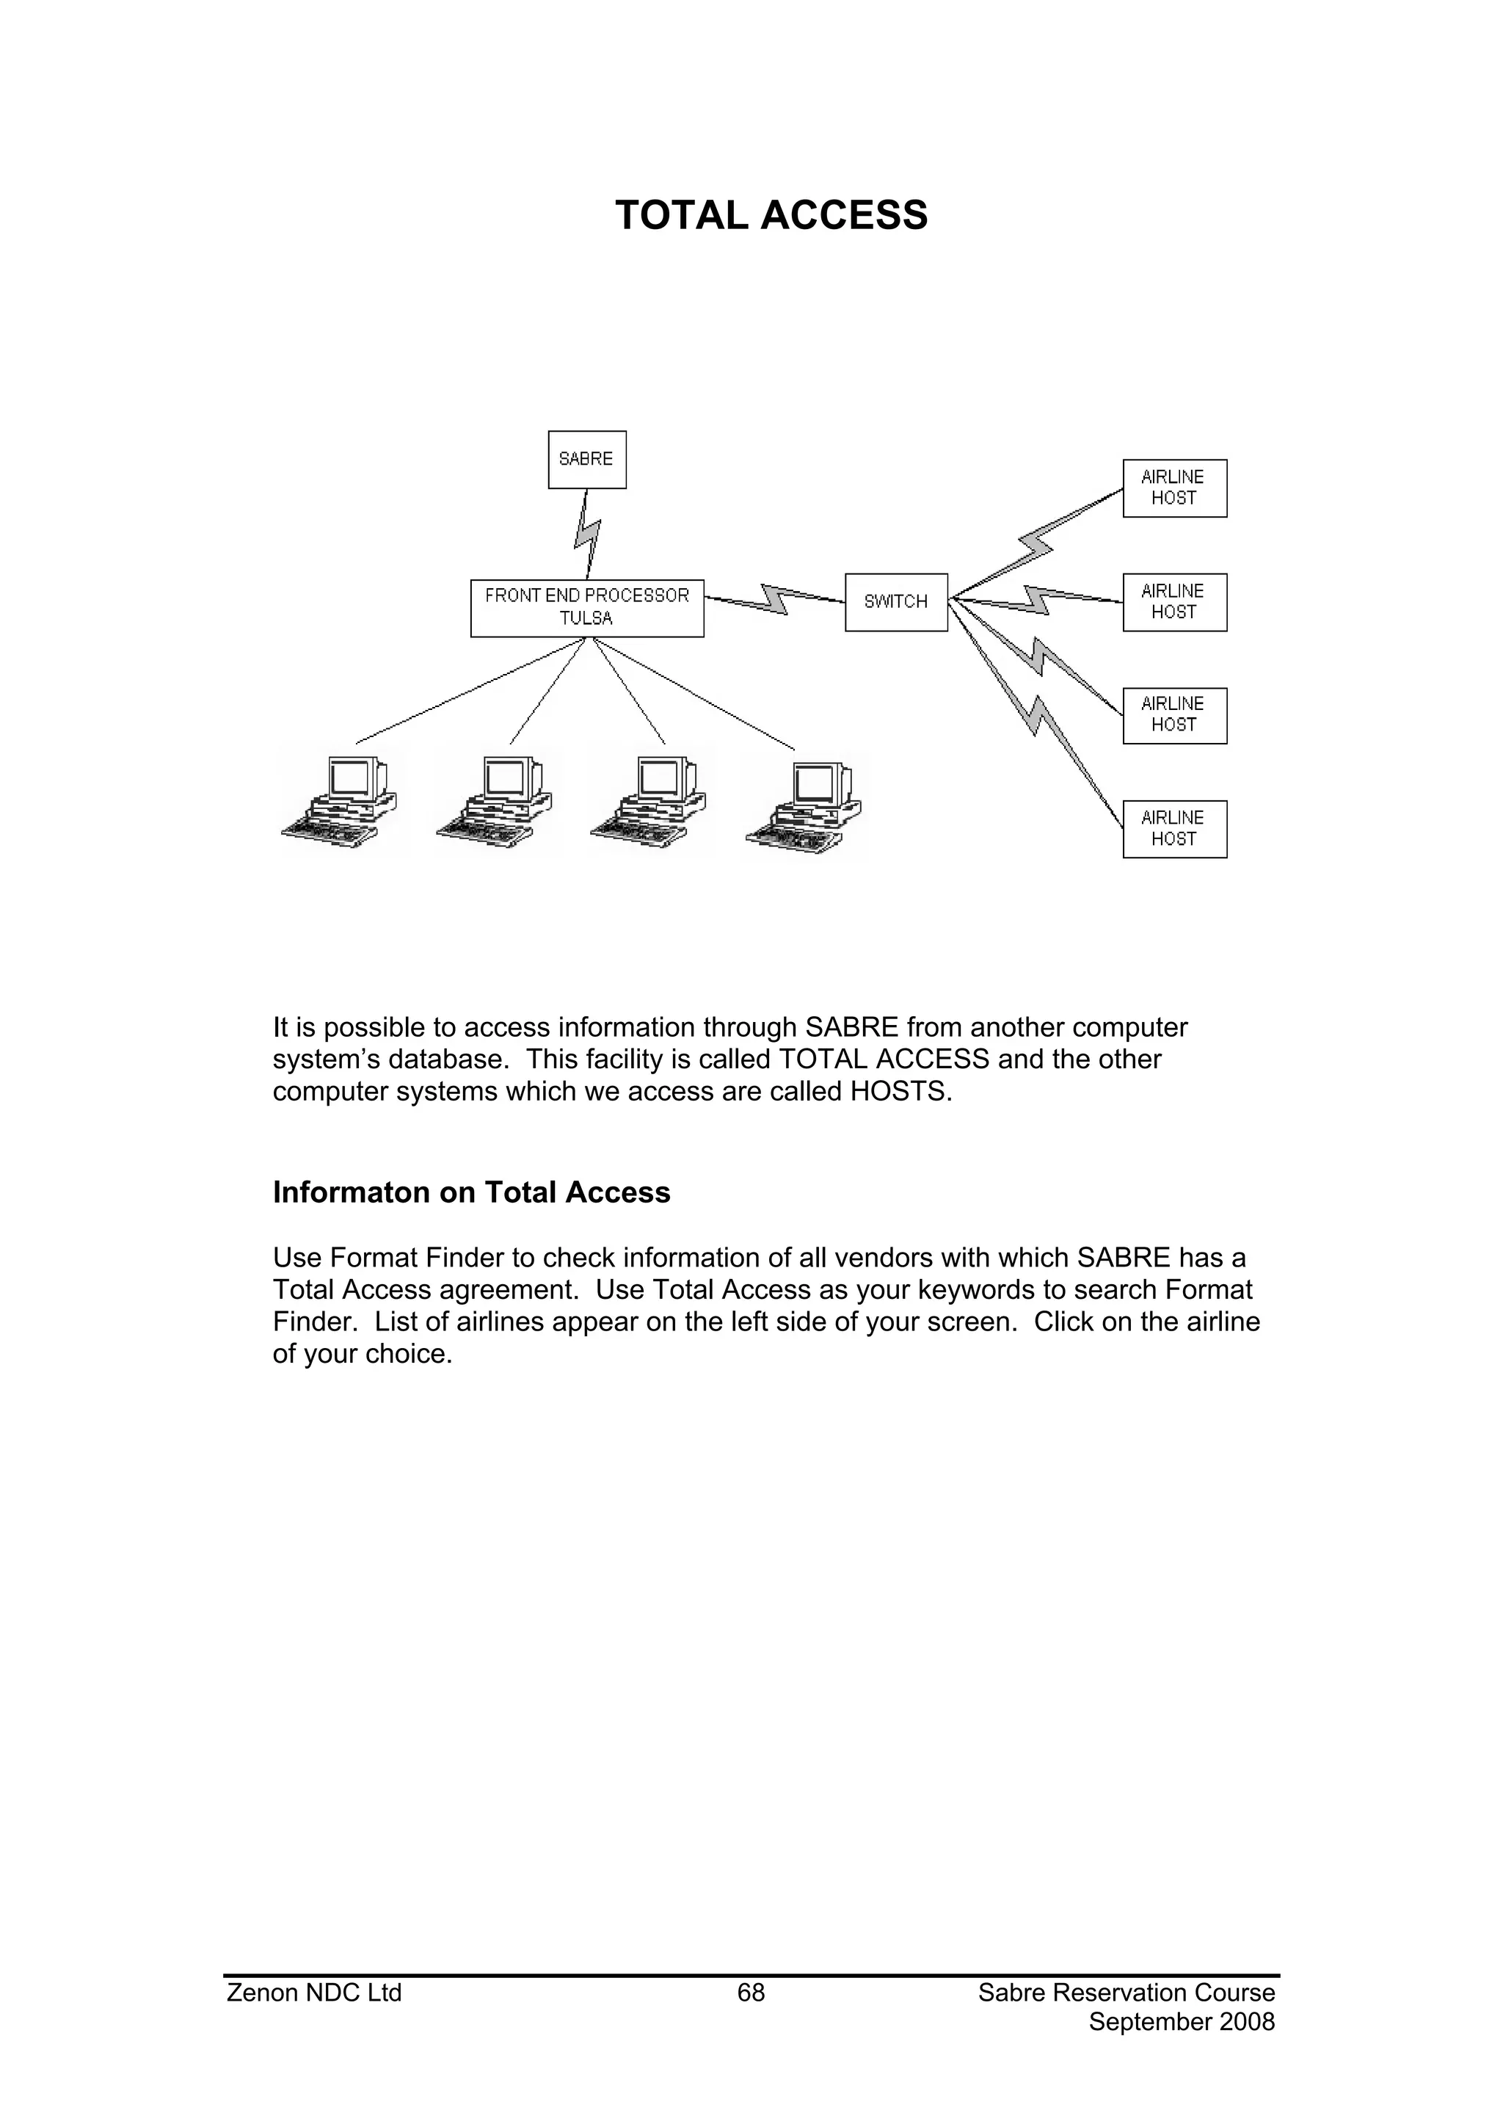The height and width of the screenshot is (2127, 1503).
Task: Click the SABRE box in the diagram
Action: point(587,460)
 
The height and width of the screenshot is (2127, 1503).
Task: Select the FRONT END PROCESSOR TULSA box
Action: point(587,608)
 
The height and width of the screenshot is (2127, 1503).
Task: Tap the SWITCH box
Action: point(896,602)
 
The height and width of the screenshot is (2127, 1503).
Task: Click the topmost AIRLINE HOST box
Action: point(1174,488)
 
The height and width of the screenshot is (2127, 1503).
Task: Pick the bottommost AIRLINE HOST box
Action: point(1174,829)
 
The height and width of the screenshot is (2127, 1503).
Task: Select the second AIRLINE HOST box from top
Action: point(1174,602)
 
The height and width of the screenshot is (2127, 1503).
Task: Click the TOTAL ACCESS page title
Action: point(771,216)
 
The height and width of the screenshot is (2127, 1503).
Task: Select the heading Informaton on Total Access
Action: point(471,1192)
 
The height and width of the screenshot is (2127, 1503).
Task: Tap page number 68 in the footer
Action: point(751,1993)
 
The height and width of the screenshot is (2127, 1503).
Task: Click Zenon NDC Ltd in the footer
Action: point(314,1993)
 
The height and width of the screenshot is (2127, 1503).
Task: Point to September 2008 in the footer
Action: point(1182,2021)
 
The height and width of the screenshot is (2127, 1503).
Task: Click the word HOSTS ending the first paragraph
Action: point(900,1091)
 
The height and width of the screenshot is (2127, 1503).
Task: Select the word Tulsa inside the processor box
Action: point(586,619)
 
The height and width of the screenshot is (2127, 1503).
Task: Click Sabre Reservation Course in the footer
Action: point(1126,1993)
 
